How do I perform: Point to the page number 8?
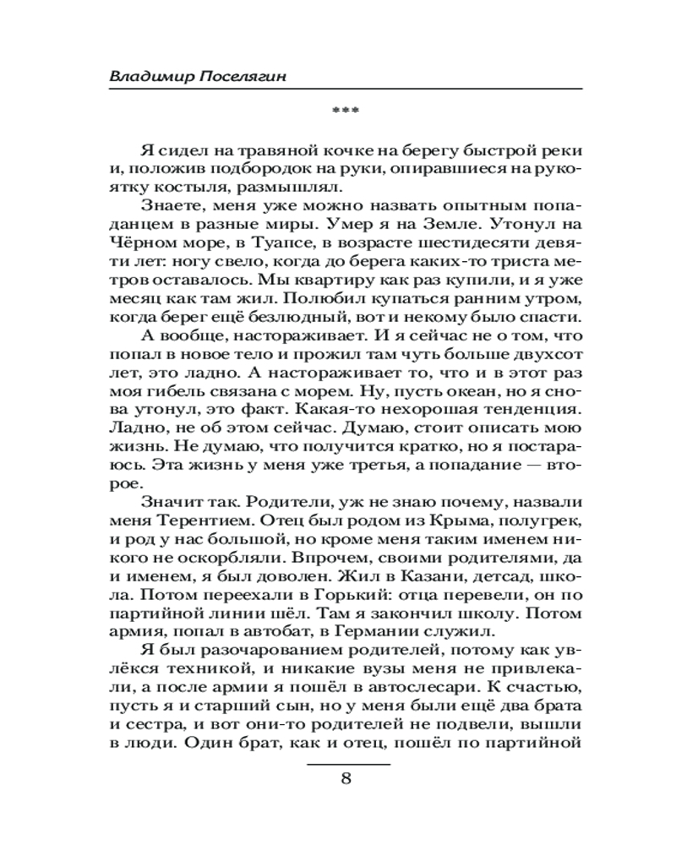346,779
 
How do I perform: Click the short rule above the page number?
346,763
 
